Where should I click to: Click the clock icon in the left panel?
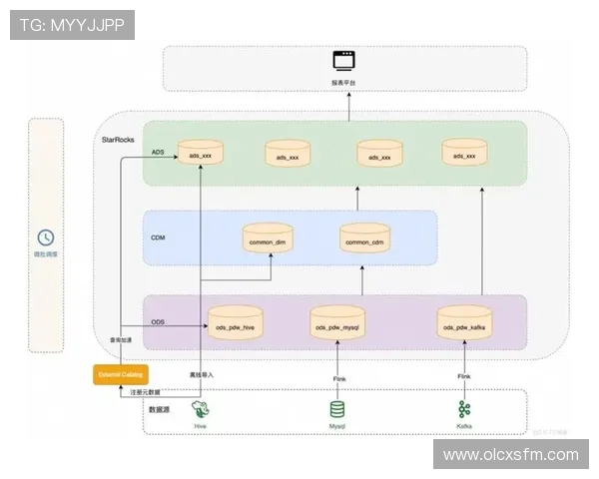coord(46,238)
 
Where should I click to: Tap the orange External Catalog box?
coord(120,375)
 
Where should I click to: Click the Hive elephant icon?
coord(202,409)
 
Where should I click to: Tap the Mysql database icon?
coord(338,409)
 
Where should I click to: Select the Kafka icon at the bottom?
coord(464,409)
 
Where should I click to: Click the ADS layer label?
coord(157,153)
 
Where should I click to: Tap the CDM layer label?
coord(158,238)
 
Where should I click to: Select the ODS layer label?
coord(158,322)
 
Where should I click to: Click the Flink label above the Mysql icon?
coord(338,378)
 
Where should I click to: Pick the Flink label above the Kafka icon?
coord(464,376)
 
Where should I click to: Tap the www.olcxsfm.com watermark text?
coord(510,455)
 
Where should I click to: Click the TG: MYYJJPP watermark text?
coord(72,25)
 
